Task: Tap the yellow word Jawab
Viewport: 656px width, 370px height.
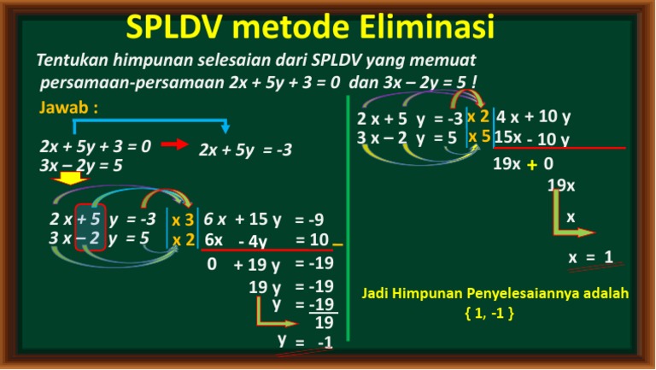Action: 68,109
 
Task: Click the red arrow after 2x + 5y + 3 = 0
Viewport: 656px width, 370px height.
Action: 174,144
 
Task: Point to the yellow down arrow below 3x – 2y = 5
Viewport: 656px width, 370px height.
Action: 67,179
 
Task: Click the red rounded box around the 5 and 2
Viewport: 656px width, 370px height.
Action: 90,226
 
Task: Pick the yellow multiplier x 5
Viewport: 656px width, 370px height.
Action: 478,136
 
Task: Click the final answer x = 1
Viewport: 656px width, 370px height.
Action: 590,257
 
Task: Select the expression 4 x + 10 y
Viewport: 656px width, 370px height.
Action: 534,117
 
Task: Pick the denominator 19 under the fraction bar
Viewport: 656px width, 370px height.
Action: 324,323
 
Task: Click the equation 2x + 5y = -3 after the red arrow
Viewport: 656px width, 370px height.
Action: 245,150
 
